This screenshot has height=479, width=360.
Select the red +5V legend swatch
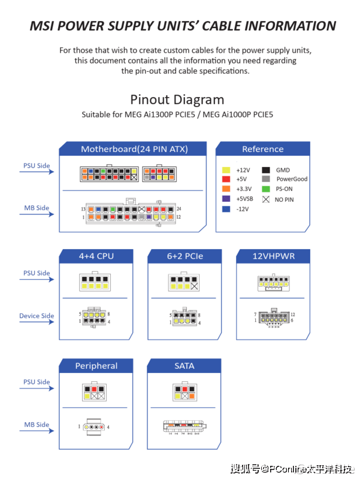(x=226, y=180)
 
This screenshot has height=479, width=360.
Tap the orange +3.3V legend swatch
(x=226, y=189)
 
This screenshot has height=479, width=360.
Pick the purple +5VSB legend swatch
(x=226, y=199)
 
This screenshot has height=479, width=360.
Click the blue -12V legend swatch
(x=226, y=209)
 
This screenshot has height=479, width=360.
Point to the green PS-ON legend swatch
(x=265, y=189)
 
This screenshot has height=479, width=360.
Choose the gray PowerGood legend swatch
(x=265, y=179)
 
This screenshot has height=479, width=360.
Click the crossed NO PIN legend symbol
(x=265, y=199)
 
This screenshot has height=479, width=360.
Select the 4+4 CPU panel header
(x=96, y=256)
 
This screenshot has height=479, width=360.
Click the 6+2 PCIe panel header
(x=184, y=256)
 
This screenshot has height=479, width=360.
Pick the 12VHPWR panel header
(x=273, y=256)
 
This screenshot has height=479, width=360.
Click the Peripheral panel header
(x=96, y=366)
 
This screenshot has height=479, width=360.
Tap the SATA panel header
(x=184, y=366)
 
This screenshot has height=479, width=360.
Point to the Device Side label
(x=37, y=316)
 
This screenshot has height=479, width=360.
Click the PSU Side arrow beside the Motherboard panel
(x=37, y=172)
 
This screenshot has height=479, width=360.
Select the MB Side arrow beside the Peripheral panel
(x=37, y=432)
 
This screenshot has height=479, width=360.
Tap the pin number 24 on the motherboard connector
(x=179, y=208)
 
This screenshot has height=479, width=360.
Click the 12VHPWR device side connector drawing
(x=273, y=317)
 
